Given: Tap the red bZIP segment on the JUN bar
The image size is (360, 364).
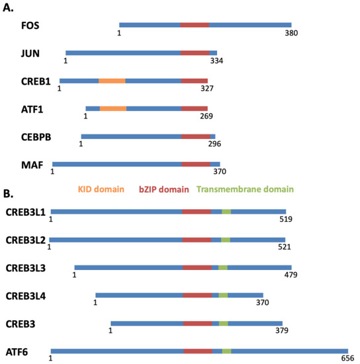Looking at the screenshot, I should (195, 53).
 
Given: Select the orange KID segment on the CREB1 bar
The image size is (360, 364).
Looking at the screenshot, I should (112, 81).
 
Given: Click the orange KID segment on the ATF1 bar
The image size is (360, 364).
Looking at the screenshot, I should (113, 108).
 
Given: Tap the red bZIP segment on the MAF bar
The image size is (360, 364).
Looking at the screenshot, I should (196, 164).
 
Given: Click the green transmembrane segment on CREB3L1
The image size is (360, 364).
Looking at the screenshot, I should (226, 212).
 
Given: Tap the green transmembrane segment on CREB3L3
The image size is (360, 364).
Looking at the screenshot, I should (223, 267).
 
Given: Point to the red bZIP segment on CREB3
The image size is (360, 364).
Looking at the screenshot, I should (197, 324).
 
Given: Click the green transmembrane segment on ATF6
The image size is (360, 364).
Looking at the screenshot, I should (227, 351).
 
